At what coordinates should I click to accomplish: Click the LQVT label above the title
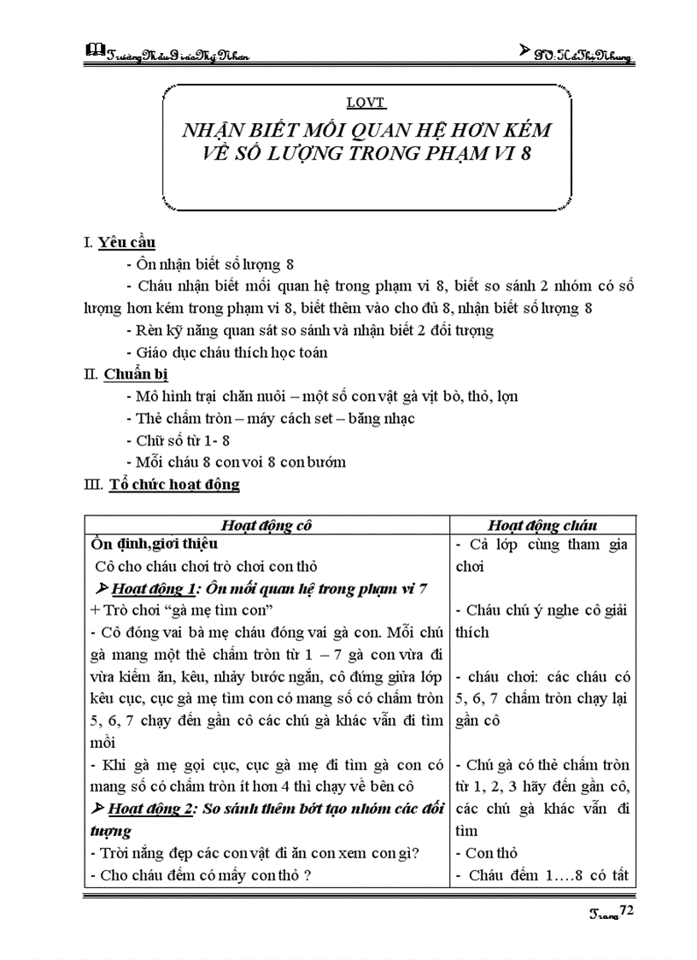click(x=366, y=103)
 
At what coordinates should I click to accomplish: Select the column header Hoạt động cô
click(x=267, y=525)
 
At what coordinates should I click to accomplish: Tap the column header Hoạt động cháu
click(x=542, y=525)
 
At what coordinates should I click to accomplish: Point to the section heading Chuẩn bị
click(x=132, y=374)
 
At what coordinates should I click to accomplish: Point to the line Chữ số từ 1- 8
click(x=178, y=441)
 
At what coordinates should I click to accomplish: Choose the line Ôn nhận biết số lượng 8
click(x=209, y=263)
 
